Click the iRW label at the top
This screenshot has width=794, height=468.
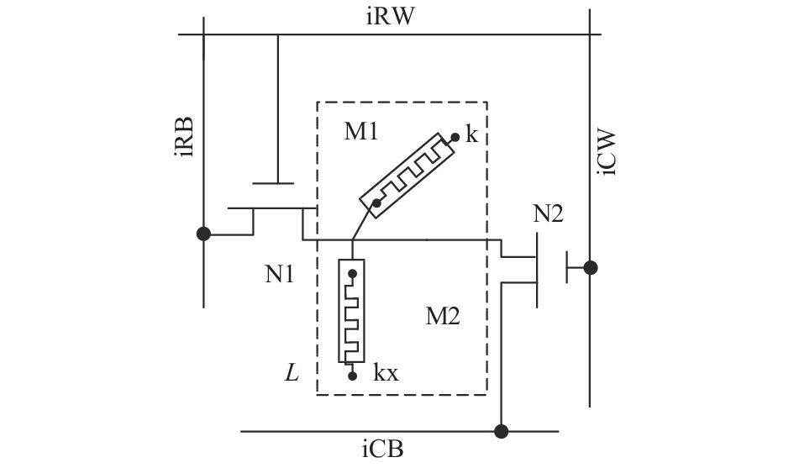tap(390, 16)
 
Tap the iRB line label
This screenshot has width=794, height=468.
tap(184, 137)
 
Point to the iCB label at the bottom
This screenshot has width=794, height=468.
tap(383, 450)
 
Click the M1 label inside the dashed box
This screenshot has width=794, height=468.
tap(361, 132)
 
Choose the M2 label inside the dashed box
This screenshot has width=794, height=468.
tap(443, 317)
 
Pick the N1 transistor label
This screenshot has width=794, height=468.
tap(280, 275)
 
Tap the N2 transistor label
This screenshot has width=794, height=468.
tap(548, 213)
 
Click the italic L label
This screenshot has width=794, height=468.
tap(292, 374)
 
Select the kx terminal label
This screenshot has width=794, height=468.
tap(386, 373)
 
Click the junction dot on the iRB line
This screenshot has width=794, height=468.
tap(203, 234)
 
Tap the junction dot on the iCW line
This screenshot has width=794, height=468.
tap(590, 267)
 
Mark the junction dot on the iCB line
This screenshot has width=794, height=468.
tap(502, 432)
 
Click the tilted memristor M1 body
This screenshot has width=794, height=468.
tap(408, 176)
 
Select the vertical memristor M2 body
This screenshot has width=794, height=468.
tap(351, 311)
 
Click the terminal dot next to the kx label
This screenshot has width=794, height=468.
tap(352, 376)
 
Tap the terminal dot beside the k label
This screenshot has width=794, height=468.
tap(455, 137)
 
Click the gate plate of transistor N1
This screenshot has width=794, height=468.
tap(273, 183)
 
